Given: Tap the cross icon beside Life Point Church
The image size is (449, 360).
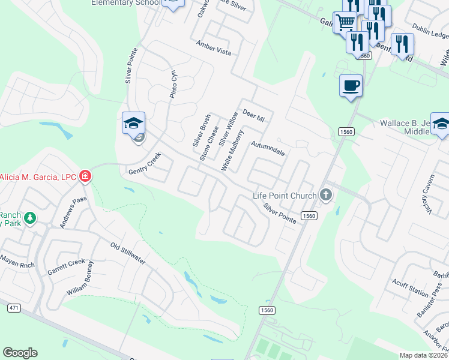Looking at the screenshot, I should (326, 195).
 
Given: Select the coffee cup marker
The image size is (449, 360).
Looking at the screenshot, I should (351, 86).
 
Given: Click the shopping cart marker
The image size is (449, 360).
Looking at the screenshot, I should (345, 23).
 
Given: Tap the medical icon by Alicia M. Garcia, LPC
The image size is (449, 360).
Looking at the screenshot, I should (85, 176).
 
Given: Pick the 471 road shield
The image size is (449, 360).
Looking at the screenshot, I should (13, 308).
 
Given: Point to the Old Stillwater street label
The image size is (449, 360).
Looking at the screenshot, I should (128, 253).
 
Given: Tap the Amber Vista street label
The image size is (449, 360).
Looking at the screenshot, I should (214, 49).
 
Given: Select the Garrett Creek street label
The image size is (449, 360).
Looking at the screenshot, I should (67, 268).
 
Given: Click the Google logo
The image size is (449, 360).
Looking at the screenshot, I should (20, 353).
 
